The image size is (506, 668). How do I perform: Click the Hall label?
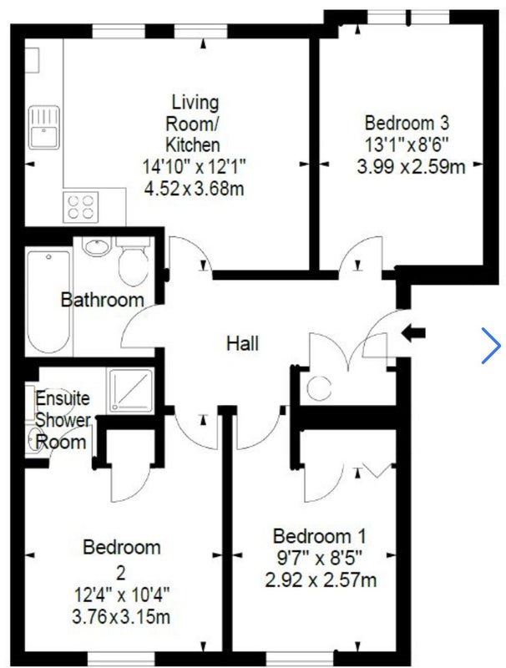tap(242, 343)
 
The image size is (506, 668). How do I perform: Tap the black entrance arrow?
tap(413, 332)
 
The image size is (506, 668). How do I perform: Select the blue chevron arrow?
tap(492, 346)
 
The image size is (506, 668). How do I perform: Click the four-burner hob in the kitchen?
tap(80, 207)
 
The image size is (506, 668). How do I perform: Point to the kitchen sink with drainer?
tap(44, 128)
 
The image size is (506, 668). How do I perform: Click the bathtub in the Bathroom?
tap(48, 301)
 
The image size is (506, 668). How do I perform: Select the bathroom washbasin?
tap(97, 246)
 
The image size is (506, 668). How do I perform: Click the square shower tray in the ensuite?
tap(131, 390)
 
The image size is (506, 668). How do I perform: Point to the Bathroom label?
tap(102, 300)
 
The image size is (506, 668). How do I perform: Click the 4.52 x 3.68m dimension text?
tap(194, 189)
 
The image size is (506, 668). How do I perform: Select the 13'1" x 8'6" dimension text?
tap(407, 144)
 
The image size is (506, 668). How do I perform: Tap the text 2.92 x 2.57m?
tap(321, 579)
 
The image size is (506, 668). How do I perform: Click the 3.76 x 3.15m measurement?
tap(121, 616)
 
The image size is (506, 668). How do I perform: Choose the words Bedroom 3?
tap(407, 123)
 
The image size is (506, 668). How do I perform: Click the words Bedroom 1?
tap(319, 536)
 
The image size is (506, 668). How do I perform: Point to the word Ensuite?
tap(63, 398)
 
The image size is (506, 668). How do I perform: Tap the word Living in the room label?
tap(195, 102)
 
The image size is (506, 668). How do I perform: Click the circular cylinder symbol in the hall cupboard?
tap(319, 388)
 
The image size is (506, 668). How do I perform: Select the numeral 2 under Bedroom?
tap(121, 573)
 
